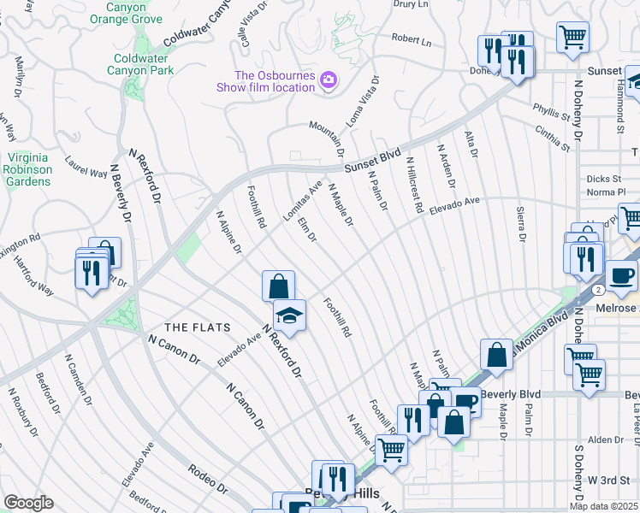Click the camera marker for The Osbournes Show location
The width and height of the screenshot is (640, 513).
[x=328, y=81]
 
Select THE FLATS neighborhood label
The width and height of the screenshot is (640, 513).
[x=193, y=327]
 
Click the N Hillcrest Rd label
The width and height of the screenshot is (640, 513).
[x=415, y=184]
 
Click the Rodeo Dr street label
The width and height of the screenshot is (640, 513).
[x=210, y=487]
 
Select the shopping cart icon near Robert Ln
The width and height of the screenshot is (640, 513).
[x=572, y=36]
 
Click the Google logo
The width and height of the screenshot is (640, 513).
[x=27, y=503]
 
